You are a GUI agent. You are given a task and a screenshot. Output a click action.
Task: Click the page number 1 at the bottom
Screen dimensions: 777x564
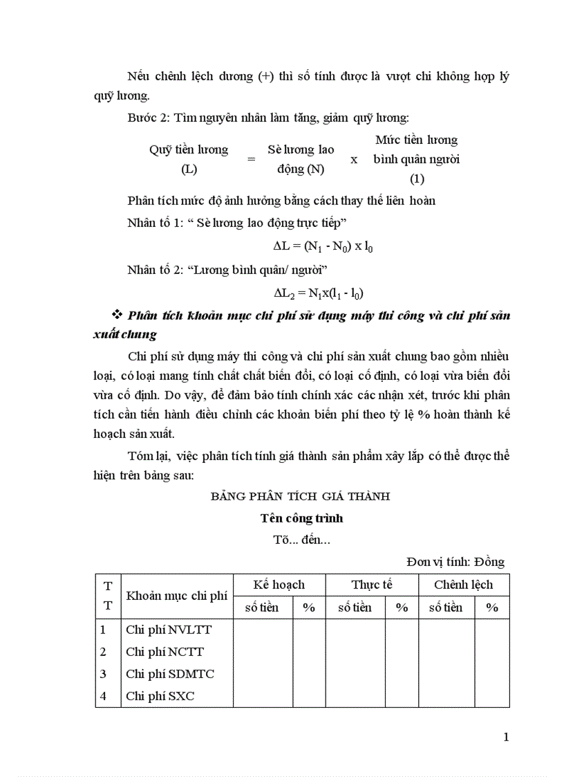pyautogui.click(x=506, y=737)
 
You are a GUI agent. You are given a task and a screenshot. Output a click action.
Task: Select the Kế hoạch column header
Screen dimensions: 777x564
pyautogui.click(x=279, y=585)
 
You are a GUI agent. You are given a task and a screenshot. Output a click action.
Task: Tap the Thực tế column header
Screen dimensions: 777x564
pyautogui.click(x=371, y=585)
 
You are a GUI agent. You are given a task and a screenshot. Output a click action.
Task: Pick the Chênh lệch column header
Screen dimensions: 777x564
pyautogui.click(x=463, y=585)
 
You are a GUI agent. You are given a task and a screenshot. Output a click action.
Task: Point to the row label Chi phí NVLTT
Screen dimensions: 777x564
pyautogui.click(x=169, y=630)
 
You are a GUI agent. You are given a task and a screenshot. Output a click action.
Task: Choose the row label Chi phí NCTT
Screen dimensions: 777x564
pyautogui.click(x=164, y=652)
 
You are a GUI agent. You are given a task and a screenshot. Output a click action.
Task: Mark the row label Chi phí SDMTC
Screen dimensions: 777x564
pyautogui.click(x=170, y=674)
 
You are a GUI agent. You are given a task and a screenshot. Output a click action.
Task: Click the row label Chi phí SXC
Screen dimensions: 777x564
pyautogui.click(x=160, y=696)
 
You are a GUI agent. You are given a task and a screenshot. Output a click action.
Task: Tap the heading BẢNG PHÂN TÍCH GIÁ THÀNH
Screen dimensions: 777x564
pyautogui.click(x=301, y=496)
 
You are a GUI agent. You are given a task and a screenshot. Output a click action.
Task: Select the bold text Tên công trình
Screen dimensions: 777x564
pyautogui.click(x=301, y=518)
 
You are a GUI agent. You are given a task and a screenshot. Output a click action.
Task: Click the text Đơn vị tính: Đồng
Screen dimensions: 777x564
pyautogui.click(x=455, y=562)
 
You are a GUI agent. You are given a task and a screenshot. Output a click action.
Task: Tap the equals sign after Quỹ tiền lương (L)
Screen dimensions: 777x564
pyautogui.click(x=251, y=159)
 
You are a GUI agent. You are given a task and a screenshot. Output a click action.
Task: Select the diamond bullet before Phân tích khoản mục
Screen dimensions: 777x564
pyautogui.click(x=116, y=316)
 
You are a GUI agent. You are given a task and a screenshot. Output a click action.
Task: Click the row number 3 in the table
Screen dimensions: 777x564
pyautogui.click(x=103, y=674)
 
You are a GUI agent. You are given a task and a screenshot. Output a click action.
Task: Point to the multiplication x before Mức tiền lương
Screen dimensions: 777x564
pyautogui.click(x=354, y=159)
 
